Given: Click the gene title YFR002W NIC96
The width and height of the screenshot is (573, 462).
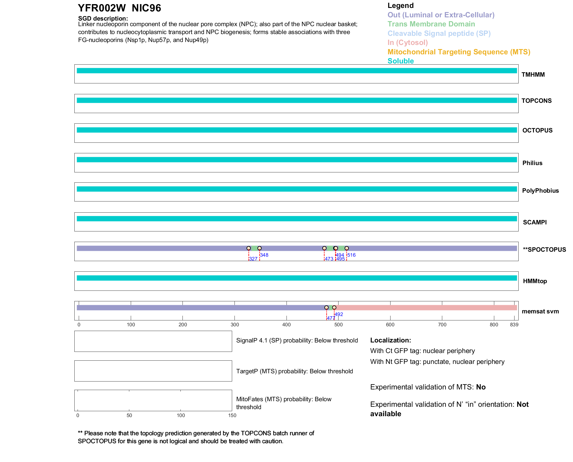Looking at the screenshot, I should coord(119,8).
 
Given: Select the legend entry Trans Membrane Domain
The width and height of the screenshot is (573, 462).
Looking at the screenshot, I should coord(431,24).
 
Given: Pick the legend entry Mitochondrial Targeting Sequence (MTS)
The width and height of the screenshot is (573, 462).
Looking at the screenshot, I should coord(459,52).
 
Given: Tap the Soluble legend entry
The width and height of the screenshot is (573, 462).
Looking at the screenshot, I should coord(401,61).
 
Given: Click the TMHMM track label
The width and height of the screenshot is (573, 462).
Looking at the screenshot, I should coord(533,75).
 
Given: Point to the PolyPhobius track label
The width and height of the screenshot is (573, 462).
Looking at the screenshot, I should coord(540,191).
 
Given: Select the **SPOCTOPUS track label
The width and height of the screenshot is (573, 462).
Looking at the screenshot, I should coord(544,250).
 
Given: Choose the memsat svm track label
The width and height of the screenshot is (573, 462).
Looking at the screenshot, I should coord(540,311).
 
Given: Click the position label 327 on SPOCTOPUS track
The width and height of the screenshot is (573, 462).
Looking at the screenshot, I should coord(253,259).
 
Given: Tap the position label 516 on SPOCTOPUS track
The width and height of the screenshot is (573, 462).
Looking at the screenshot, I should coord(351,255).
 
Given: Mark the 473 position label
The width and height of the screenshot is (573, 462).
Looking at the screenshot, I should coord(329,259).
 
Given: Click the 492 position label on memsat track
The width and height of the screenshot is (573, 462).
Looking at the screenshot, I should coord(339,314).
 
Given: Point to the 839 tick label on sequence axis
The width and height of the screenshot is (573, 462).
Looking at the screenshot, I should coord(514,325).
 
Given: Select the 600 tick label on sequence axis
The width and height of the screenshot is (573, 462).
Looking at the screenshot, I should coord(390,325).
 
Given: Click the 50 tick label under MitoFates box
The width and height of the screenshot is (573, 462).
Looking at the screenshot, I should coord(129,415).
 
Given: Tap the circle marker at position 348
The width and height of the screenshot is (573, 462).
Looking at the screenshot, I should coord(259,248).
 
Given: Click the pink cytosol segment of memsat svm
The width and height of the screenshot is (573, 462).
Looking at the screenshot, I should coord(426,308).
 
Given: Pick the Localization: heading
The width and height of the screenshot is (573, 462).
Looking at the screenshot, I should coord(391,340).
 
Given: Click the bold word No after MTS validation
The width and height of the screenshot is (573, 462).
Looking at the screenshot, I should coord(481,387).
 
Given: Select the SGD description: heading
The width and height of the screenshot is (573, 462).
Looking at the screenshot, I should coord(103,19).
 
